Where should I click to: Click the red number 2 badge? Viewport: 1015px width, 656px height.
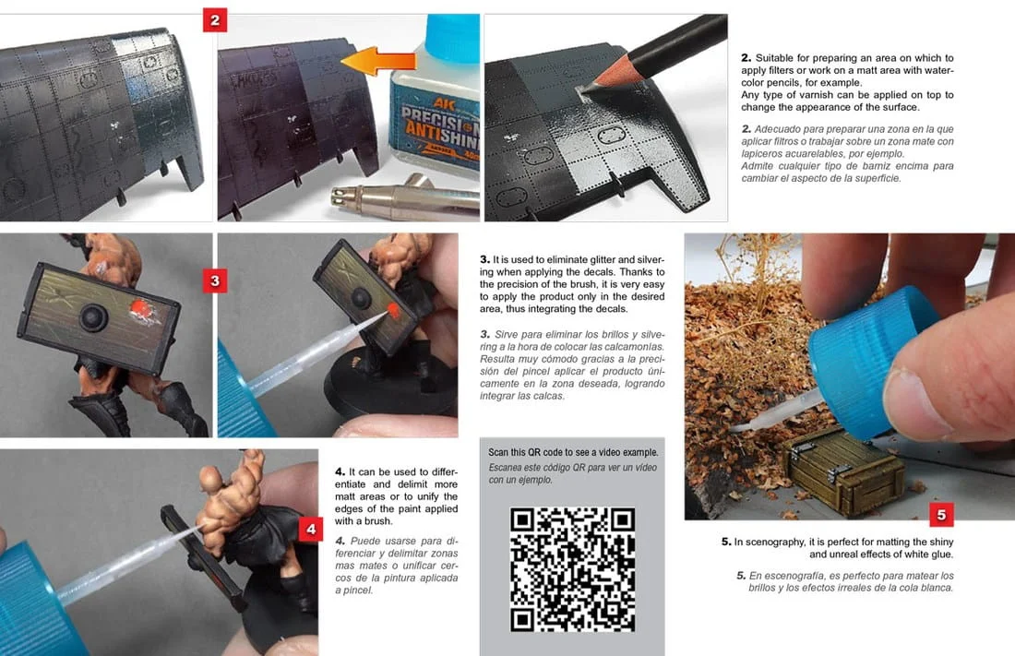point(215,20)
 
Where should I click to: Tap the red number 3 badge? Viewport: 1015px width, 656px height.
point(215,281)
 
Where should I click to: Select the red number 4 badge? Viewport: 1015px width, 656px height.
point(311,530)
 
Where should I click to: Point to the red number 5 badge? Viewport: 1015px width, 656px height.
point(941,515)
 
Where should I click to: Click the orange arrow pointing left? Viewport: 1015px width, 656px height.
point(377,62)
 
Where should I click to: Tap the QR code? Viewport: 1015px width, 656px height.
point(572,569)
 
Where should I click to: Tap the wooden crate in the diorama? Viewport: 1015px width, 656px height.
point(844,471)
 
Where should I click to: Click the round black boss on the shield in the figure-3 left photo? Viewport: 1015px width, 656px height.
point(93,317)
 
